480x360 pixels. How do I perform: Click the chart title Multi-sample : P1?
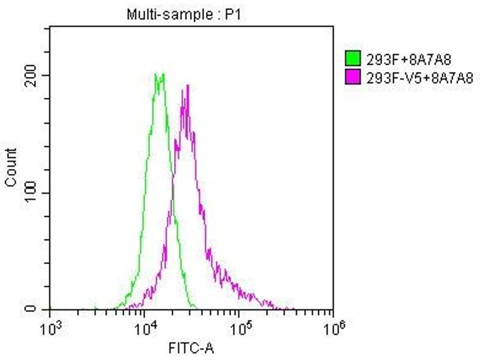coord(183,15)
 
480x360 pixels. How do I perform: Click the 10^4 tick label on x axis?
coord(144,329)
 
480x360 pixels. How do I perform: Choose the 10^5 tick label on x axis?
coord(239,329)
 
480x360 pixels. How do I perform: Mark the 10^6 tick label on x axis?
coord(333,329)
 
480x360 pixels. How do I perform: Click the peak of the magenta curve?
coord(188,85)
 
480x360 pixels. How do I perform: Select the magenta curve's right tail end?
coord(294,308)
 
